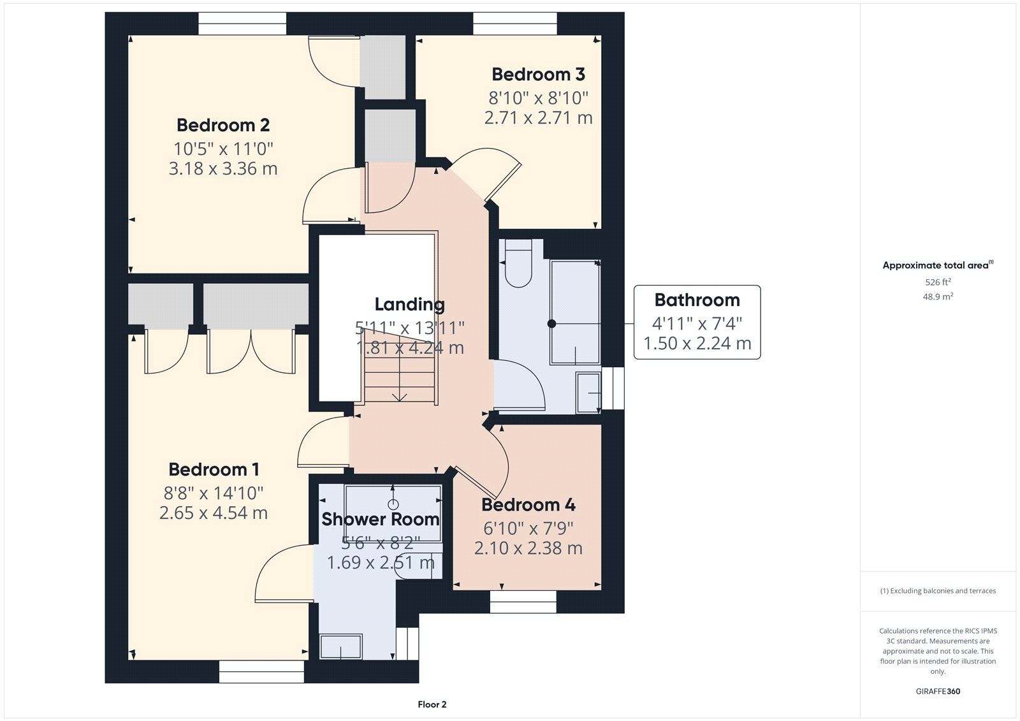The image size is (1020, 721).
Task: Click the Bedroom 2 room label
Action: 223,125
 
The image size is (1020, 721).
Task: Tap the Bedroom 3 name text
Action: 538,74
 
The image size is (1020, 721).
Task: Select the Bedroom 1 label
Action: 214,470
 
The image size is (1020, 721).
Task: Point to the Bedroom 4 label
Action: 528,505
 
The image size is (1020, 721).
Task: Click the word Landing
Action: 409,305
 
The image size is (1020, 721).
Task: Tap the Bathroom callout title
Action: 697,300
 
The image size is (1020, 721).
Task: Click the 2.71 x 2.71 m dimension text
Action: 538,118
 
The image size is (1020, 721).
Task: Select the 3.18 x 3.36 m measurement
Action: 223,169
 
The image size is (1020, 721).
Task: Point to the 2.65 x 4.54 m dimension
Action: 214,513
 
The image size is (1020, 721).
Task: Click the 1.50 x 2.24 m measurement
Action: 697,344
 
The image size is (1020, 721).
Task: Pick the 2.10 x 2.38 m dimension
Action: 528,548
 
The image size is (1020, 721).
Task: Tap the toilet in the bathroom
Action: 518,264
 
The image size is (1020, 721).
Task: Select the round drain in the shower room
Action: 393,504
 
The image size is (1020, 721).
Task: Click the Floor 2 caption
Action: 432,704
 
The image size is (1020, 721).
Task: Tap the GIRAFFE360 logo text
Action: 938,691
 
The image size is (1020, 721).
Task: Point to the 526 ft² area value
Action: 938,282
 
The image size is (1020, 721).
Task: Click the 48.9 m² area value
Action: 938,296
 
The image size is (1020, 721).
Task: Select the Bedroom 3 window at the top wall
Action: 515,23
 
